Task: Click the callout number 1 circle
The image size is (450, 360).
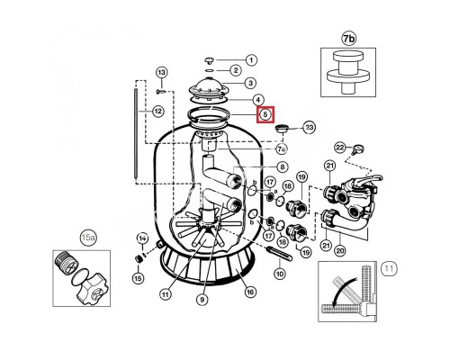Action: coord(251,60)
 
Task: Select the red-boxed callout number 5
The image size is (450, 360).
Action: coord(265,114)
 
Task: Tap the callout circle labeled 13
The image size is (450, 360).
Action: coord(161,73)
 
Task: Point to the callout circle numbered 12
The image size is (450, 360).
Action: coord(157,112)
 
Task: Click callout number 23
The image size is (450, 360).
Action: coord(309,128)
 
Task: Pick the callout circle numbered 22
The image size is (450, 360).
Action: coord(340,148)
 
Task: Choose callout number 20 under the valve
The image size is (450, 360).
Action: coord(339,249)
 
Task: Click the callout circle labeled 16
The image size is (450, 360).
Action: coord(250,292)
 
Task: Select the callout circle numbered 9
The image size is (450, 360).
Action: coord(202,299)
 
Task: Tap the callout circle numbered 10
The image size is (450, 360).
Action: coord(280,274)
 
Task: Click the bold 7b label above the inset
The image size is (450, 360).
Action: coord(348,39)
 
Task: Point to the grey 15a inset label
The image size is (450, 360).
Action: coord(86,238)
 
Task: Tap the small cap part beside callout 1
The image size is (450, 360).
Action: coord(209,60)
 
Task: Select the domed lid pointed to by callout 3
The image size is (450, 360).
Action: coord(207,87)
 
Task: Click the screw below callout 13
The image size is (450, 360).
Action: coord(161,91)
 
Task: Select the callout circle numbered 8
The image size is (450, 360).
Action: coord(282,166)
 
